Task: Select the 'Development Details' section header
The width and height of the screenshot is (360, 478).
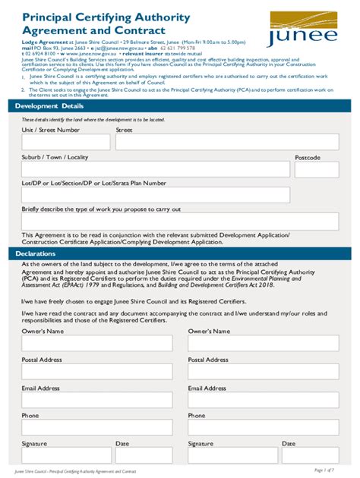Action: coord(51,106)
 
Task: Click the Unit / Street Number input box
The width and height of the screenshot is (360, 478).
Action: coord(65,142)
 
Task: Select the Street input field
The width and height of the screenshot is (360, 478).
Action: coord(226,142)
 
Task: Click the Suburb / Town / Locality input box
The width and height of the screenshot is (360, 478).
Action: coord(156,169)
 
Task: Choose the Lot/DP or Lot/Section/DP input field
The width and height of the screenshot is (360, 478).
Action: coord(156,195)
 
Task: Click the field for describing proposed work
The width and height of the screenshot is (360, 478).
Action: coord(180,222)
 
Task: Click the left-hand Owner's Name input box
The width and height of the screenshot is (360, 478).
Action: coord(96,343)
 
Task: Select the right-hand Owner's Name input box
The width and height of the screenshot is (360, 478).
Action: coord(263,343)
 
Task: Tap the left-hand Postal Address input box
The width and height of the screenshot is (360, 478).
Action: coord(96,372)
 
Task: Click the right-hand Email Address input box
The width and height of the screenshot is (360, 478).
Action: coord(263,400)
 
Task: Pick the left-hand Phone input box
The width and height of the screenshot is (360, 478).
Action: coord(96,427)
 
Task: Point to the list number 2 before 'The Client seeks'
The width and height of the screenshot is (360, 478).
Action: coord(24,90)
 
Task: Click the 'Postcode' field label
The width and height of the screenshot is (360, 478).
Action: coord(308,157)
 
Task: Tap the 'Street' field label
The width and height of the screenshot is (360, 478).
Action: coord(124,130)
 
